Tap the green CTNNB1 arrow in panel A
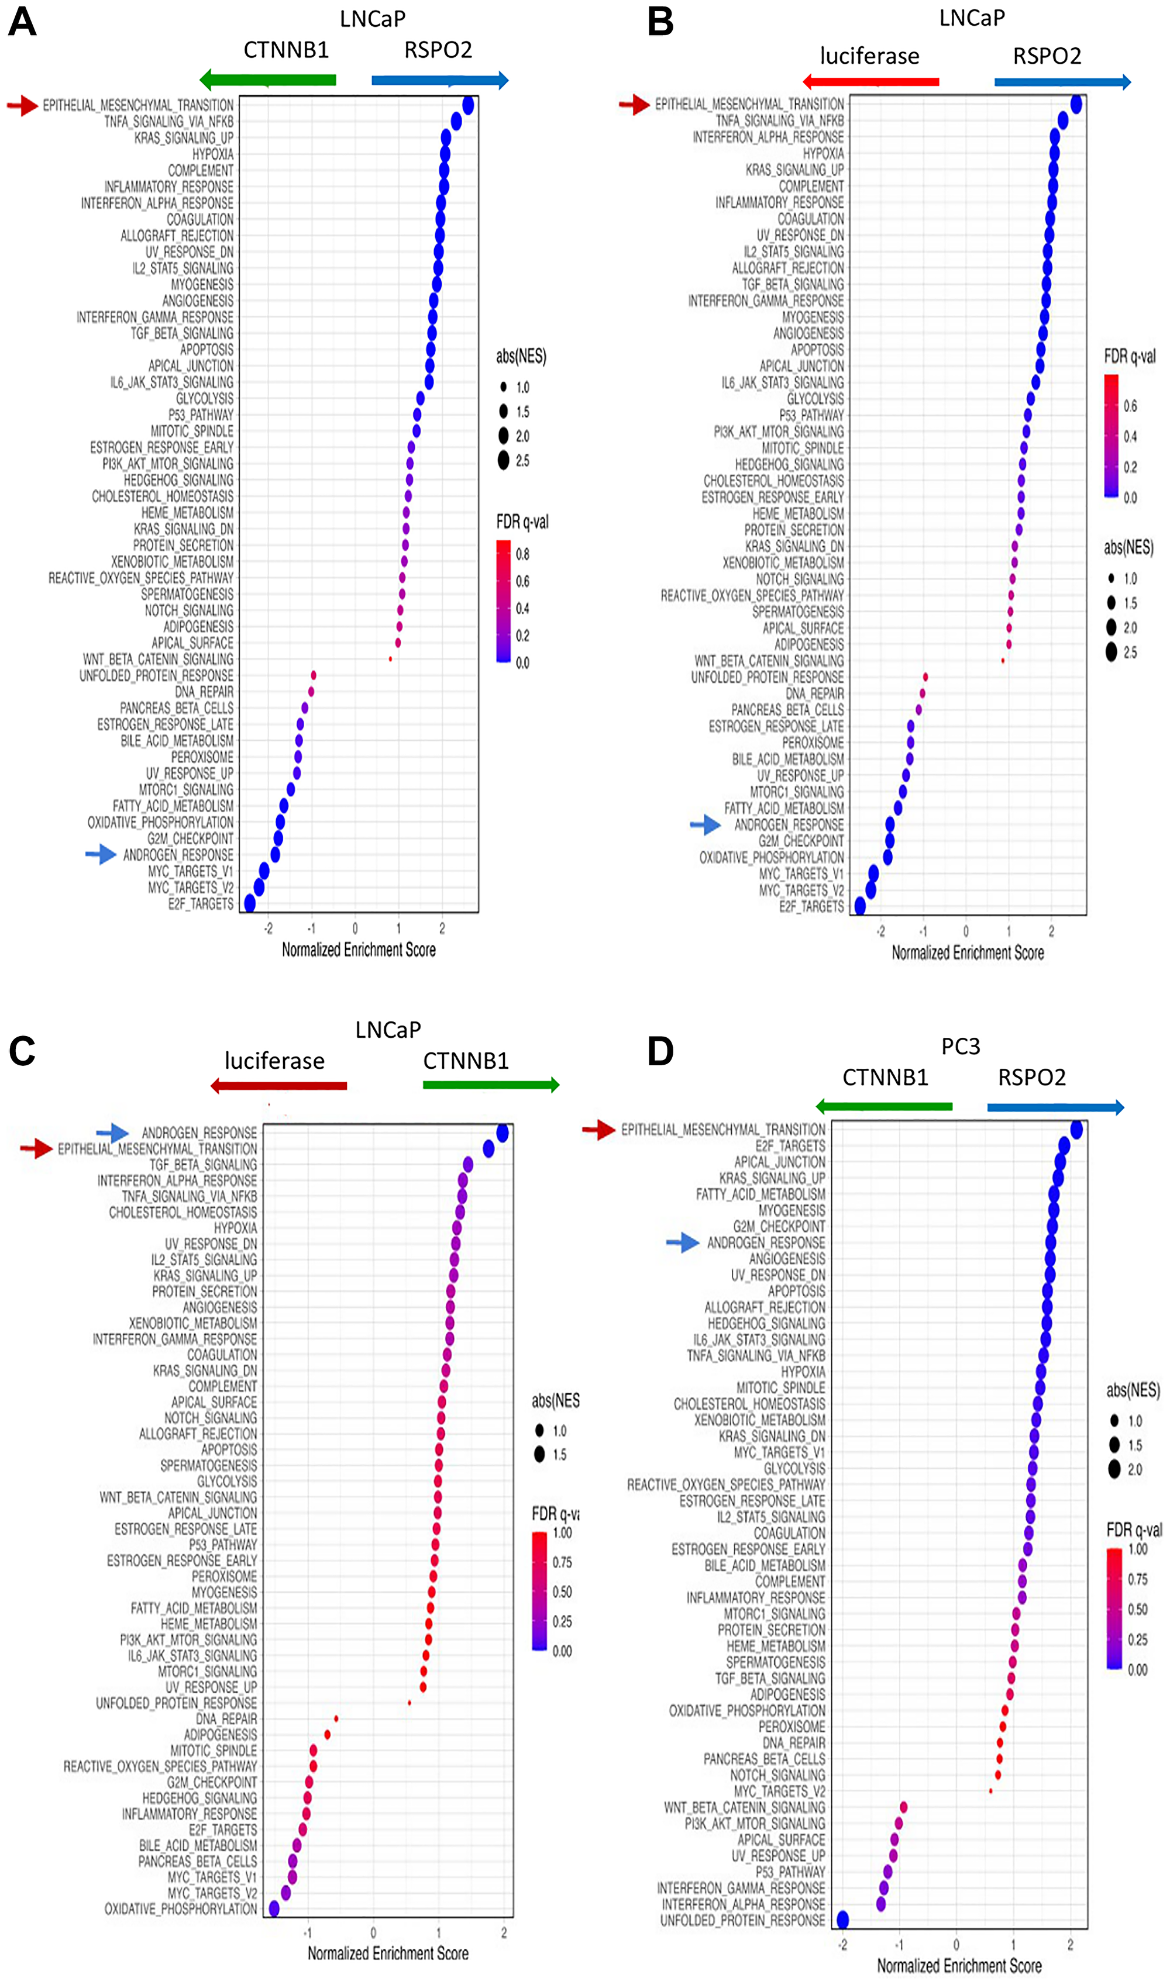point(267,80)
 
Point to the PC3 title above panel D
point(961,1047)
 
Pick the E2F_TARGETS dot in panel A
point(250,903)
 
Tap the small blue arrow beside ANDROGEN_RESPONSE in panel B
point(705,825)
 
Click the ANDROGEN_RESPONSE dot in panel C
point(502,1133)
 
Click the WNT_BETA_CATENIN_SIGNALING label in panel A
point(159,659)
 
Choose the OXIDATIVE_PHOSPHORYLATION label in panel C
point(181,1908)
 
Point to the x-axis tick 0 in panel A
point(355,929)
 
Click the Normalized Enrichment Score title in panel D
point(959,1965)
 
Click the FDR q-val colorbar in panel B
point(1111,436)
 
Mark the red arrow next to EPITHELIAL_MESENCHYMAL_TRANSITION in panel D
point(598,1130)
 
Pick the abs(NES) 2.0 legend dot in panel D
point(1114,1469)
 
